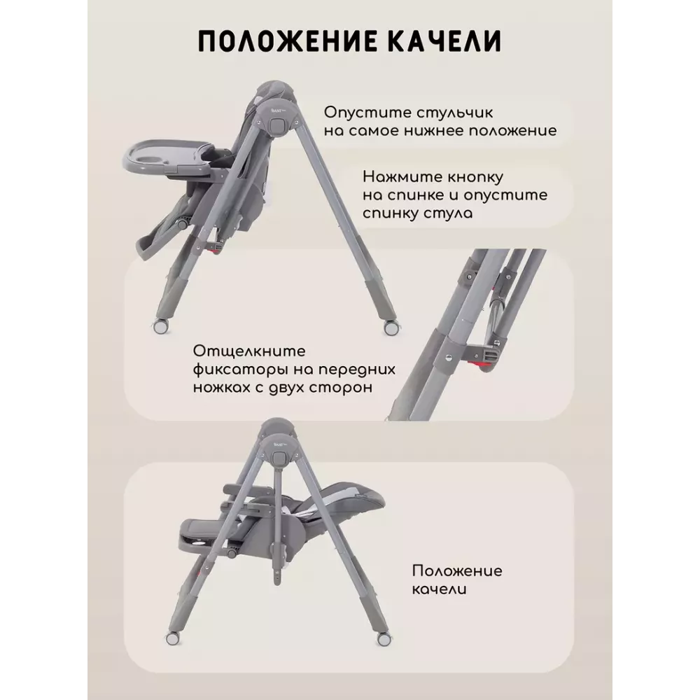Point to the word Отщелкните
249,351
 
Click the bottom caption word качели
439,589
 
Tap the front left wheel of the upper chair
160,326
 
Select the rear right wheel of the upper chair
391,327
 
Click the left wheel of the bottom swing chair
172,638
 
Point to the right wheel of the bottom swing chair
384,640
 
